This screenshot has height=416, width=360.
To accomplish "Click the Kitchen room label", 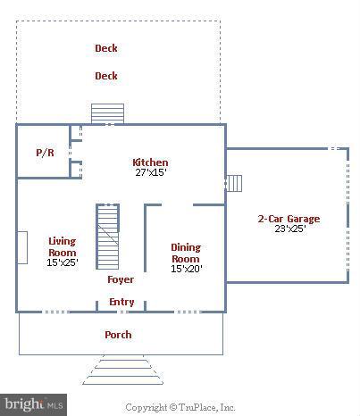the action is click(150, 162).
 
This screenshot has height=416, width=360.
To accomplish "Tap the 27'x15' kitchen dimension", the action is click(151, 172).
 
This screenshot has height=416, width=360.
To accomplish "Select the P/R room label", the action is click(45, 153).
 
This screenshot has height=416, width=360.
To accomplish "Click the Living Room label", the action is click(63, 246).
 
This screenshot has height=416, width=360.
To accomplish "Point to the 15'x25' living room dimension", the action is click(63, 262).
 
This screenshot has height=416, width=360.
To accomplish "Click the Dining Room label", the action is click(186, 253).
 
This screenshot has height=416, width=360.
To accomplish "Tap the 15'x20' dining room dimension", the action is click(187, 269).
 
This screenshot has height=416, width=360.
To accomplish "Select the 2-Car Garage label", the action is click(289, 219).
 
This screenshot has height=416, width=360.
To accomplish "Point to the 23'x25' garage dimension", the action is click(290, 229).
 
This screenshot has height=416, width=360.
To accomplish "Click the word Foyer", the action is click(121, 279).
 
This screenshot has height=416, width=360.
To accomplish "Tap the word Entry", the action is click(121, 302).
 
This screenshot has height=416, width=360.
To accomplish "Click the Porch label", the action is click(118, 335).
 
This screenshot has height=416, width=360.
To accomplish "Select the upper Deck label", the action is click(106, 48).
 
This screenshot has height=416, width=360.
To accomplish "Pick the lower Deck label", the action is click(106, 76).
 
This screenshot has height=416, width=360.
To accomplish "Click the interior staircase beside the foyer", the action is click(107, 237).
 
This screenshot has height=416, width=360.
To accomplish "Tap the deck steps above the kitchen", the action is click(107, 113).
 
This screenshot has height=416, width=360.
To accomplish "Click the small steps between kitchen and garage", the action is click(234, 184).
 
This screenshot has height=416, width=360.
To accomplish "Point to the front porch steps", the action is click(123, 370).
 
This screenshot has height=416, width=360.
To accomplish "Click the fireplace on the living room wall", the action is click(22, 247).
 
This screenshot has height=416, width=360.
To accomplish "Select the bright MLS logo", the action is click(33, 404).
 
